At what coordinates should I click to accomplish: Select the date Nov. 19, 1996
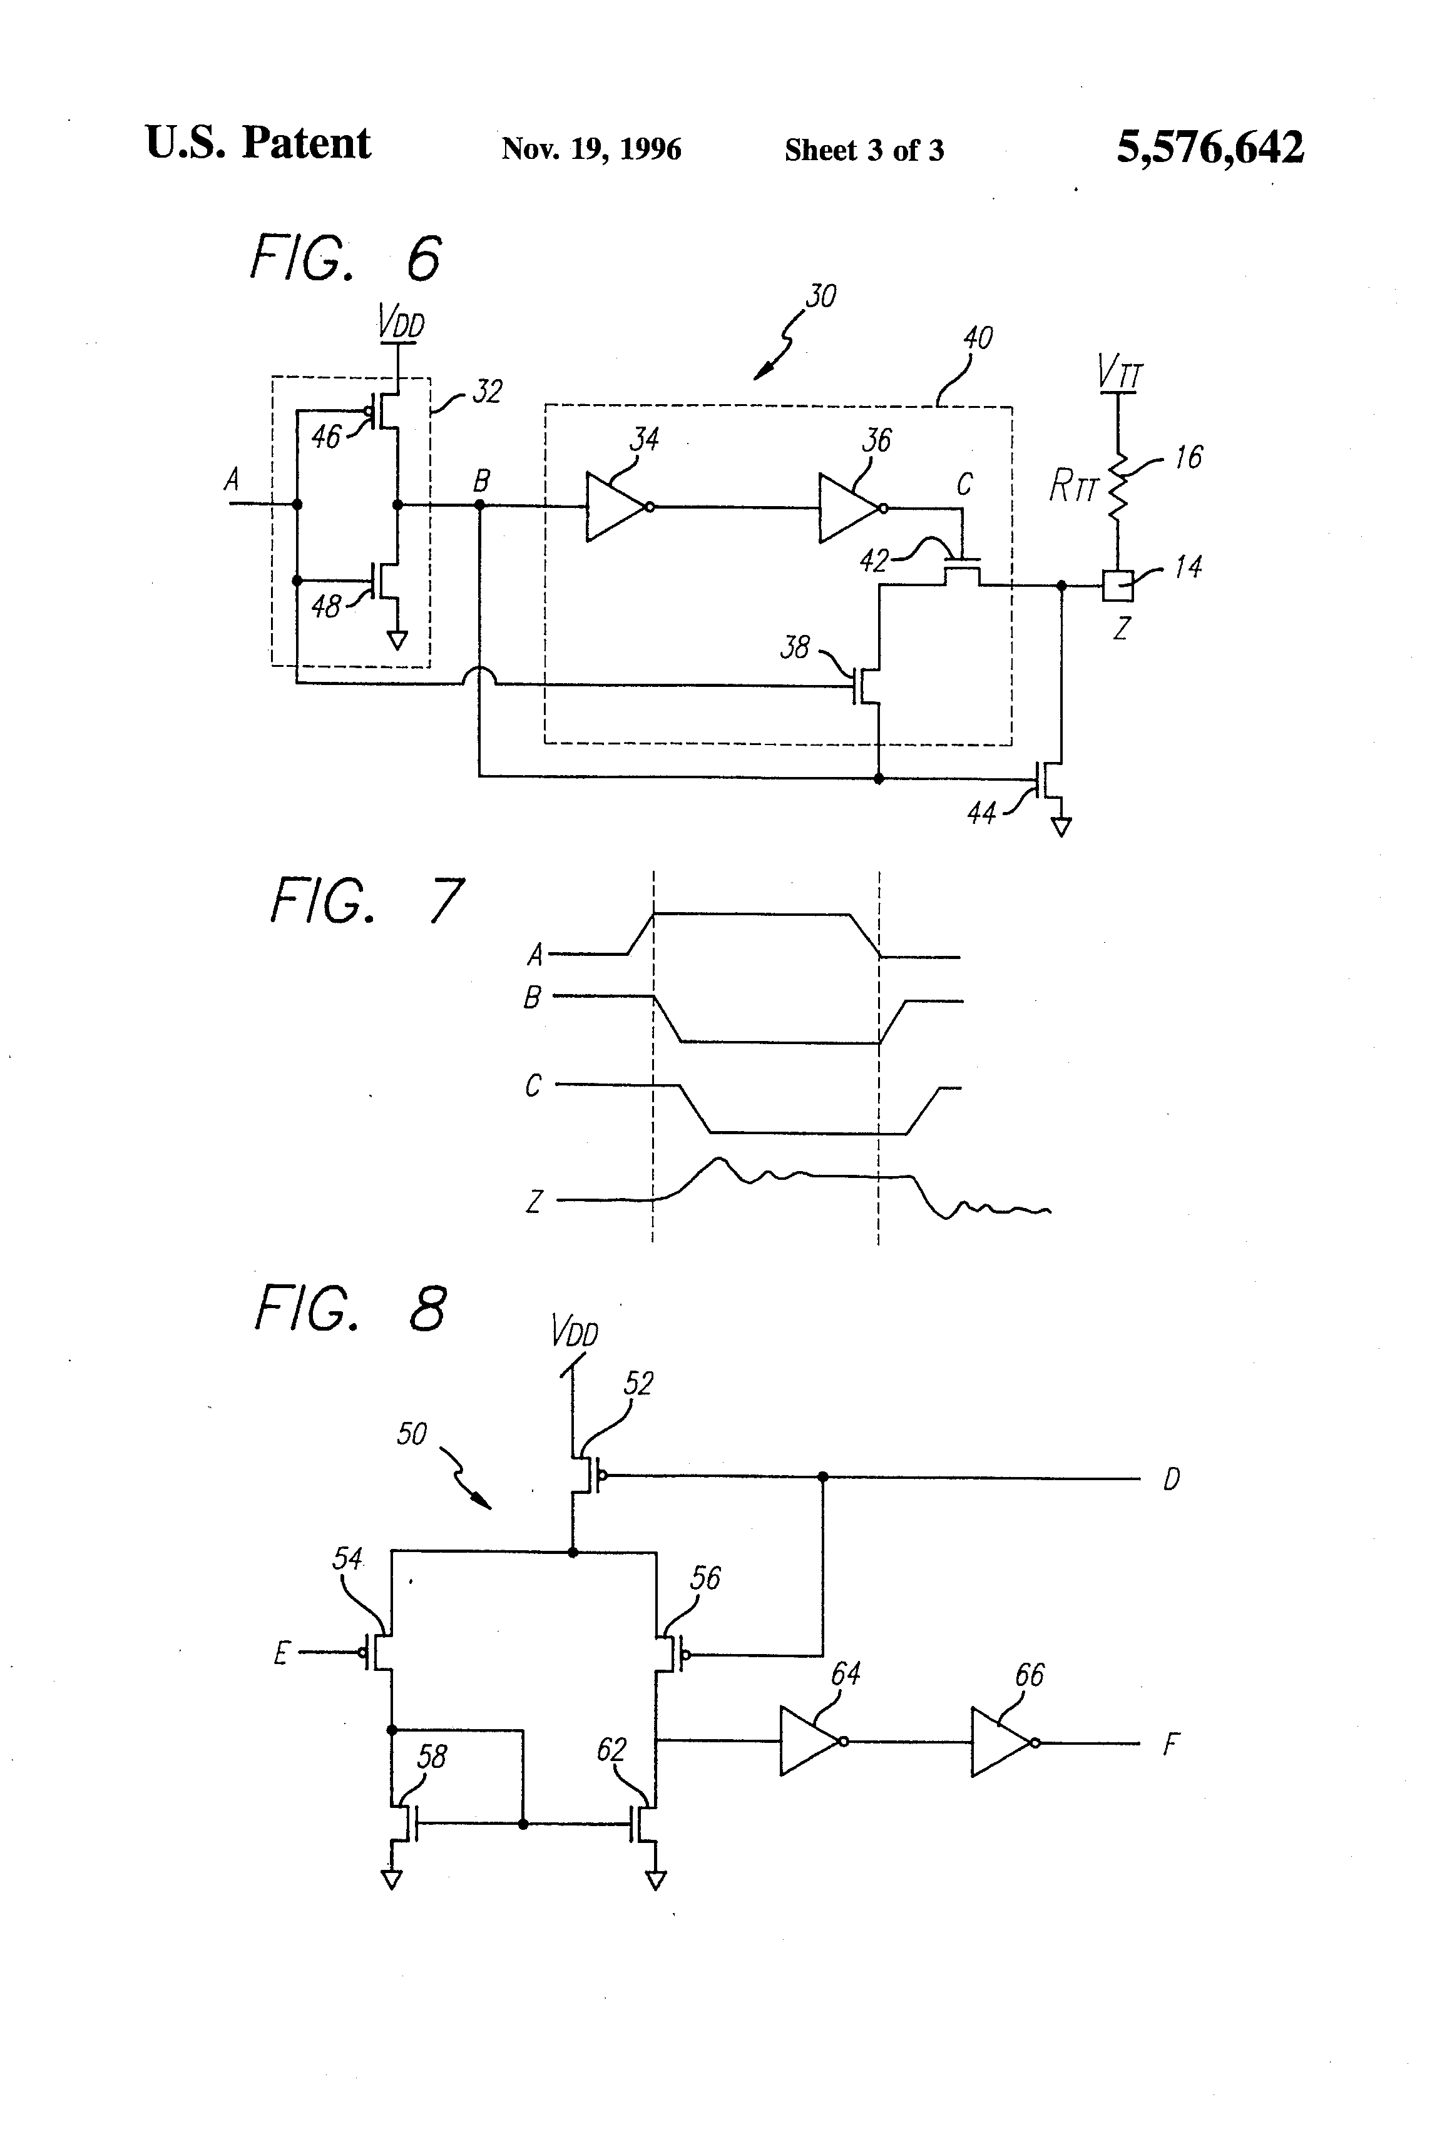(591, 149)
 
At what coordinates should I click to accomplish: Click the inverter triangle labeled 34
(616, 506)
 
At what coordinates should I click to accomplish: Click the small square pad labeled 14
(1118, 586)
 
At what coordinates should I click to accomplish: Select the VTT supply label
(1120, 372)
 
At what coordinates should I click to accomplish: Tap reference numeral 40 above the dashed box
(978, 338)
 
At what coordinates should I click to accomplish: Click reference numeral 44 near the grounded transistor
(982, 813)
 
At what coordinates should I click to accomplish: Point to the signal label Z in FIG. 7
(533, 1201)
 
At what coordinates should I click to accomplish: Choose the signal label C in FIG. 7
(533, 1085)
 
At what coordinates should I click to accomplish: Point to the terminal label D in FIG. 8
(1171, 1480)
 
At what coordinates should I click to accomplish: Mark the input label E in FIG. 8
(282, 1653)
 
